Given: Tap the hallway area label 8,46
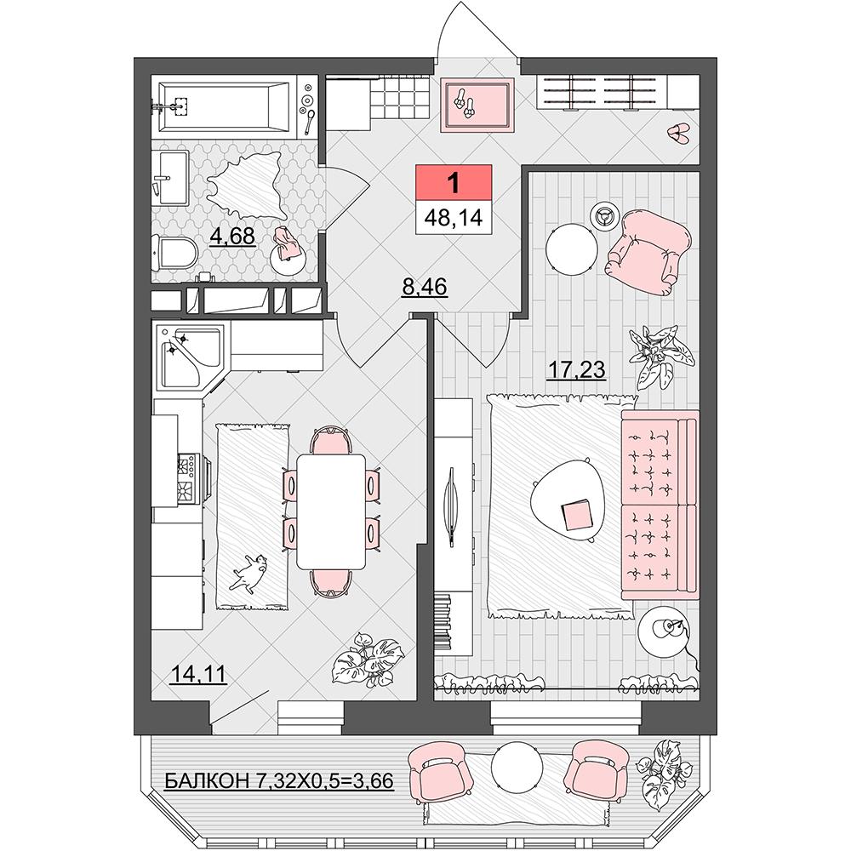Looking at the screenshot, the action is tap(425, 287).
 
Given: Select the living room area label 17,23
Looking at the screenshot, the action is tap(576, 369).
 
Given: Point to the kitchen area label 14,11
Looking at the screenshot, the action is tap(197, 674).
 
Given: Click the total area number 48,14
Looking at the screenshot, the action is tap(454, 218).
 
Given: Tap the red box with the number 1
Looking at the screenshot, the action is tap(454, 183).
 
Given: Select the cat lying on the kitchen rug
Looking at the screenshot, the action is tap(249, 572).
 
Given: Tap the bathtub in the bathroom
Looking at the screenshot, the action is tap(224, 106).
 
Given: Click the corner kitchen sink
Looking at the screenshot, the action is tap(190, 356).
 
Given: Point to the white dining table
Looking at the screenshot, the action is tap(331, 511).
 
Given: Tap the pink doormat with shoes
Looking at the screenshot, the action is tap(477, 105).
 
